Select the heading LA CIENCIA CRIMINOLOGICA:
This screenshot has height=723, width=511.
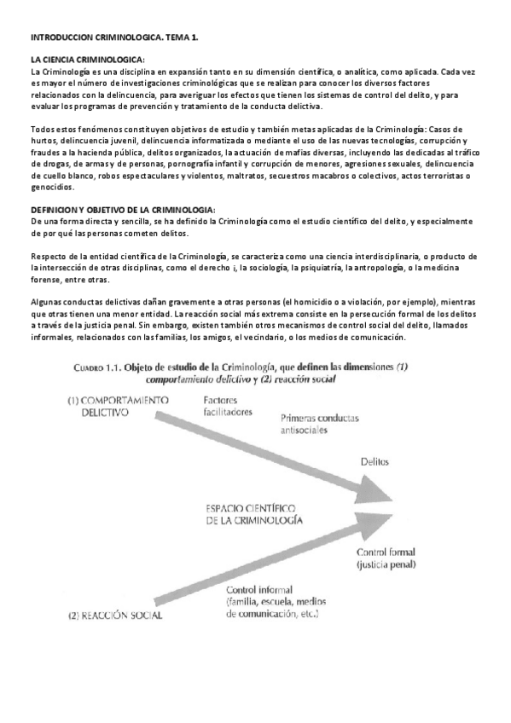coord(87,59)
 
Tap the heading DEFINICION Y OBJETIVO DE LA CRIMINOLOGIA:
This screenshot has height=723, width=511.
coord(123,210)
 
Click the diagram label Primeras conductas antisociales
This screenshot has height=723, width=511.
coord(320,424)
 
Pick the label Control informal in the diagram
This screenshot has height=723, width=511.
coord(260,589)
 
